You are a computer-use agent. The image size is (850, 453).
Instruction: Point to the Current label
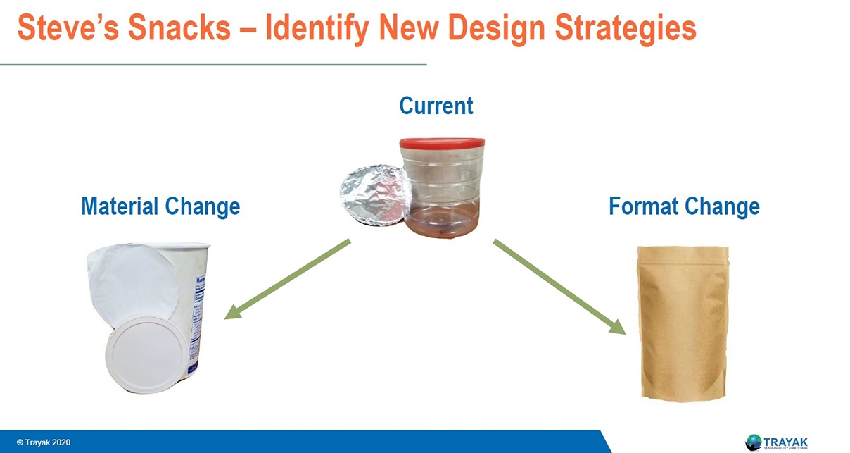[436, 106]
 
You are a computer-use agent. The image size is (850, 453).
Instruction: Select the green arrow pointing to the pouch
[559, 286]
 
